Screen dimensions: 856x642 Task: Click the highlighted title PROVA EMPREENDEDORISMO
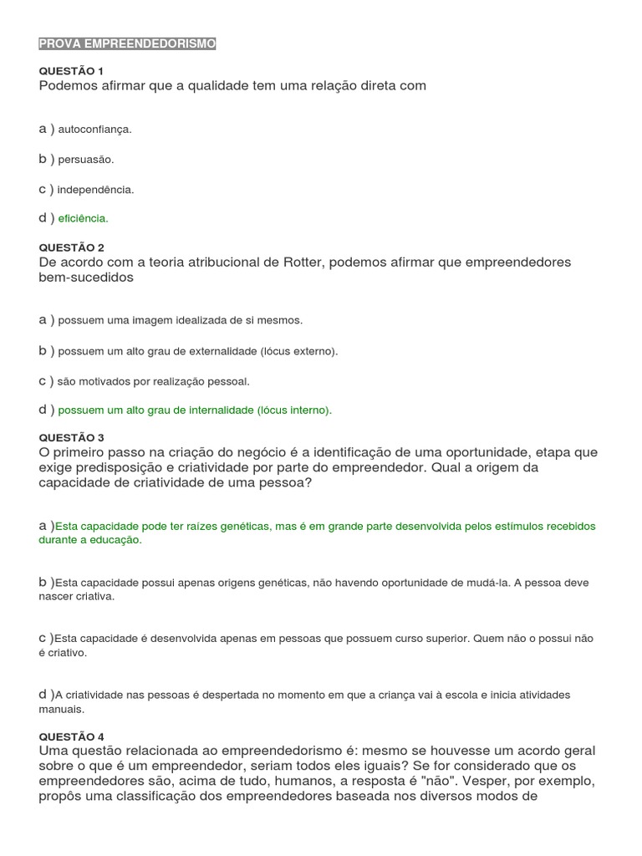pos(127,43)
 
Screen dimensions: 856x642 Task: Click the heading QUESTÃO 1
pos(71,71)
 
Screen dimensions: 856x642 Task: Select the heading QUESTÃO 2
pos(71,247)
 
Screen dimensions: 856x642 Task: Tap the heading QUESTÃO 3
pos(71,437)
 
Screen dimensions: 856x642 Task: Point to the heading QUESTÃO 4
pos(71,736)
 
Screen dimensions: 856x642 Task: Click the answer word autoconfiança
pos(95,130)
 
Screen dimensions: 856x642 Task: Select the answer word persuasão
pos(85,159)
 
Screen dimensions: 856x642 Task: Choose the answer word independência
pos(96,190)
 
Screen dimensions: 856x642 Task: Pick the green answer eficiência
pos(84,218)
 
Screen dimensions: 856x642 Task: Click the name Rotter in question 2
pos(304,262)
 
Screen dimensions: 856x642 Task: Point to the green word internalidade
pos(216,410)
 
